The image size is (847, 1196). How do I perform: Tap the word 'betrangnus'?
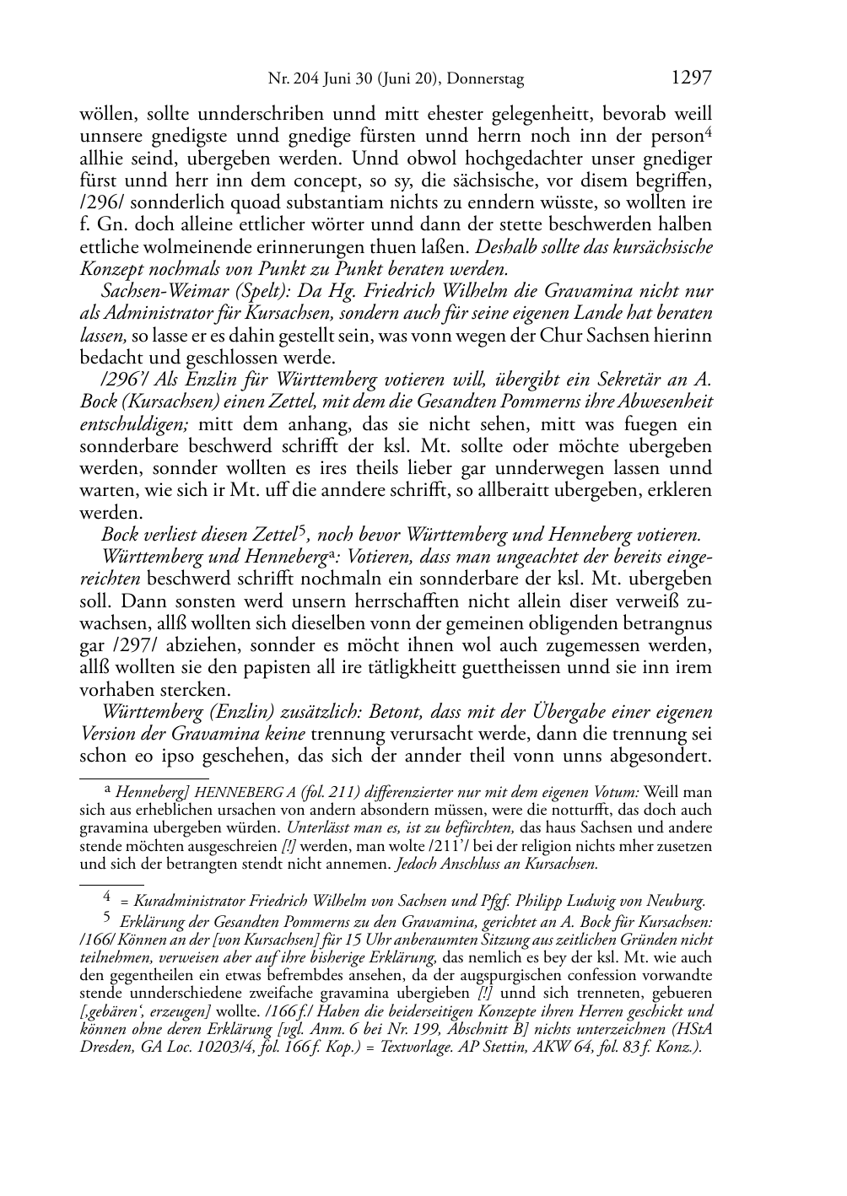[x=667, y=623]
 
